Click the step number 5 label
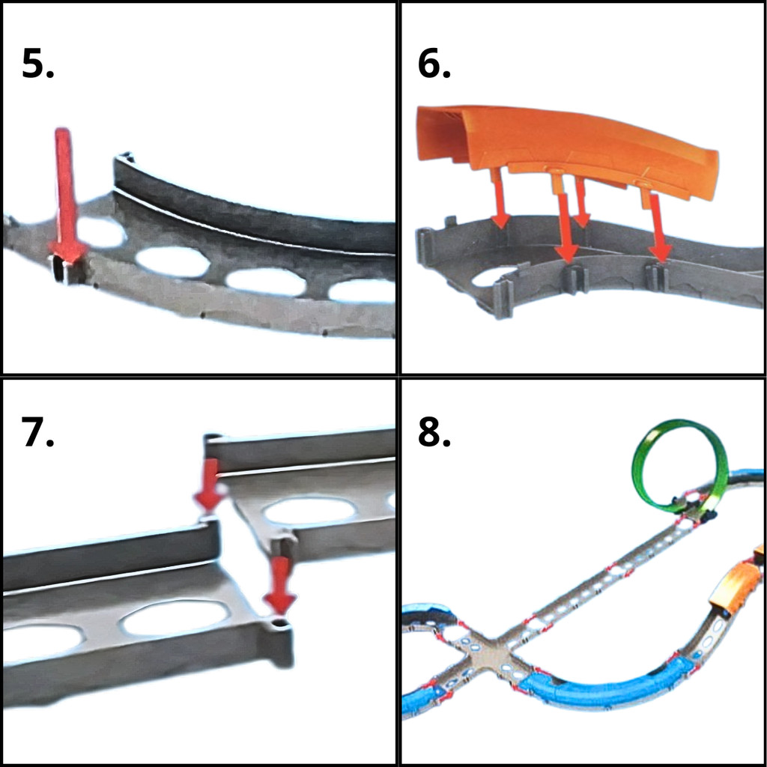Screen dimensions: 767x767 pos(37,64)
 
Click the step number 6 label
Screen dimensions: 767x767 pos(434,64)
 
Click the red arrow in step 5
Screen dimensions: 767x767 pos(66,195)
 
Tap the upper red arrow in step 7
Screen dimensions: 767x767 pos(210,485)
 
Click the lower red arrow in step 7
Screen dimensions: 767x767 pos(280,585)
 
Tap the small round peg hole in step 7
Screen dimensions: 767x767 pos(279,622)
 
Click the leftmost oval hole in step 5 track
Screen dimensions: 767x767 pos(100,232)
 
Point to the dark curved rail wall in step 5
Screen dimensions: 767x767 pos(255,205)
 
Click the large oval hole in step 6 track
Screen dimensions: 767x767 pos(495,277)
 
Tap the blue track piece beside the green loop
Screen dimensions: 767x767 pos(745,475)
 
